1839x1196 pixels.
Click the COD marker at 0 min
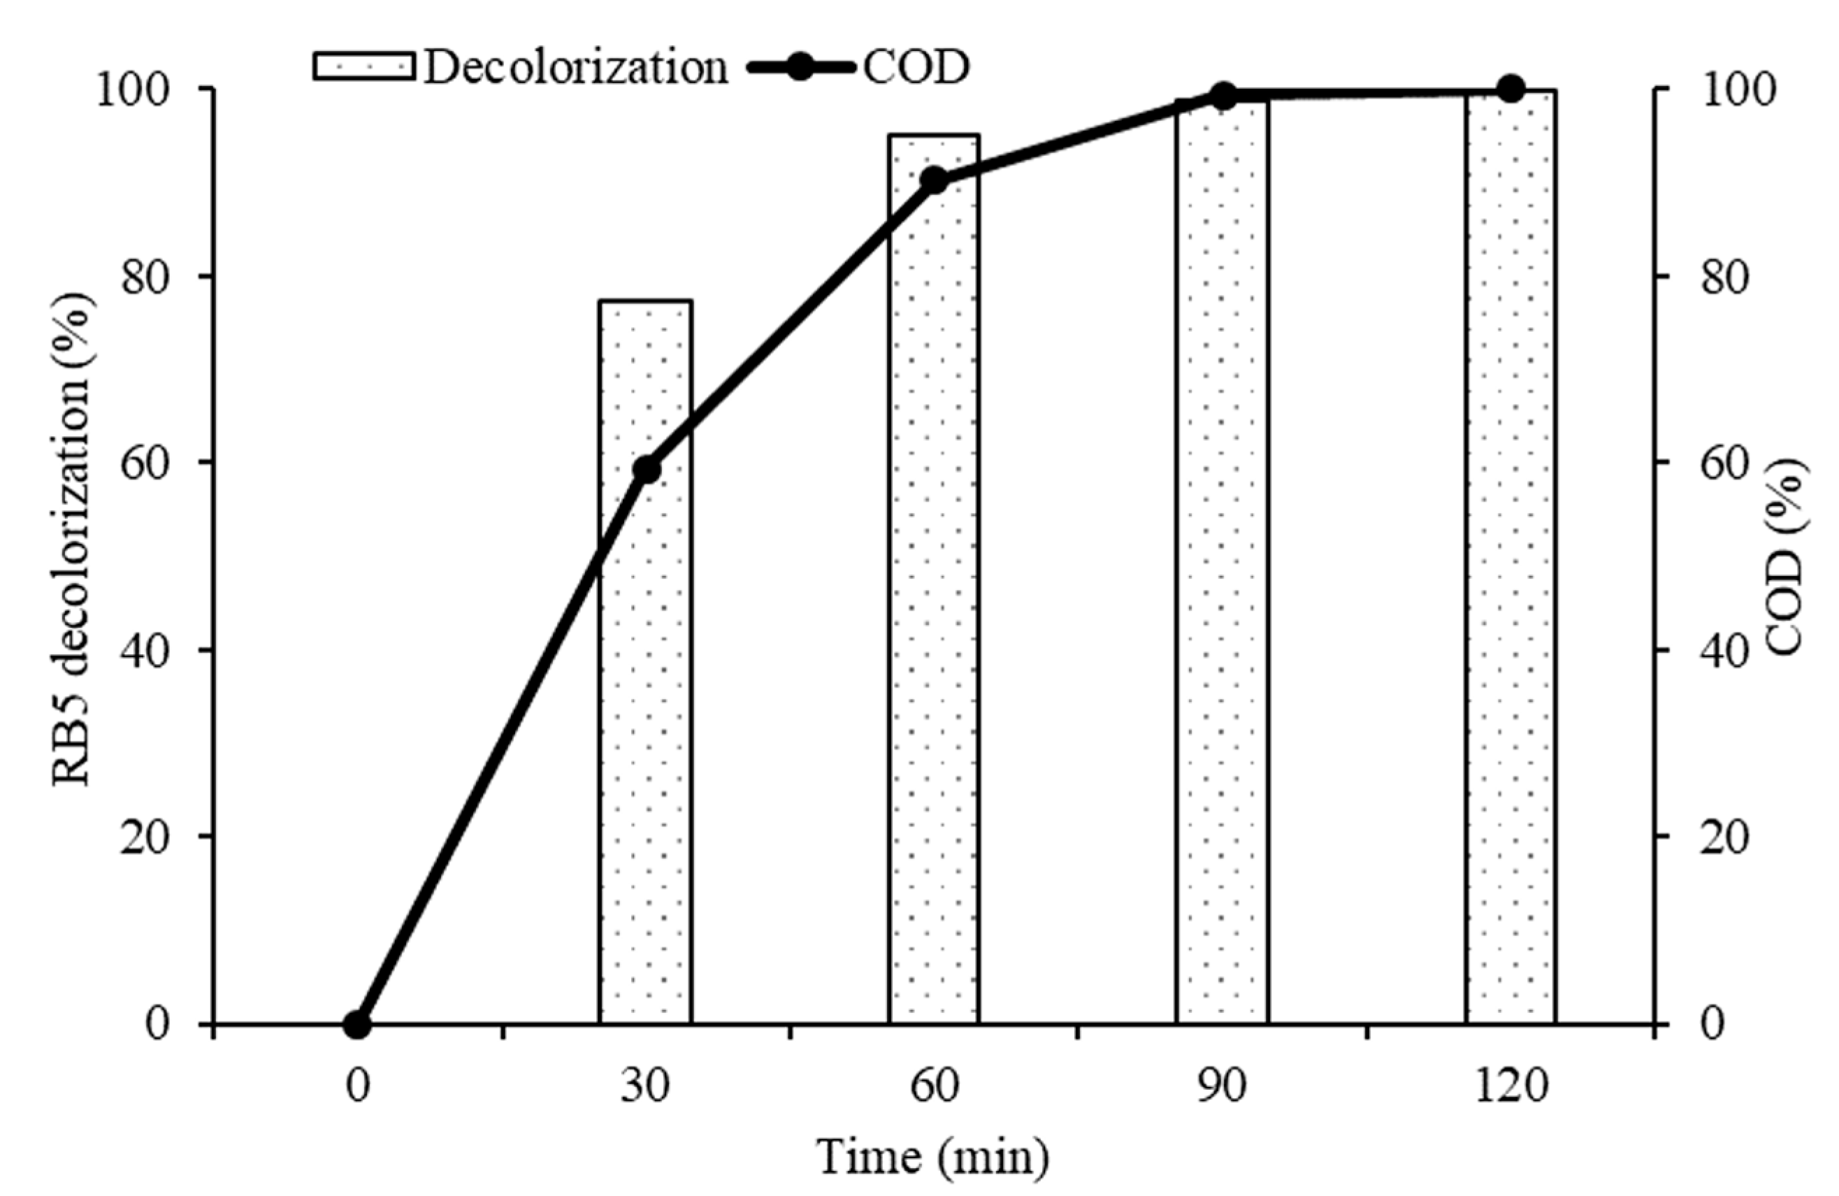pos(357,1025)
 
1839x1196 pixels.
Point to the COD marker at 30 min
pos(647,469)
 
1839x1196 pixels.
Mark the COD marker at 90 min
pos(1223,96)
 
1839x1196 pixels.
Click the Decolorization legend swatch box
pos(364,66)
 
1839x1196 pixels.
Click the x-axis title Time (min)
pos(932,1157)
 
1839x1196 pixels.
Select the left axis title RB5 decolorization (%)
pos(72,541)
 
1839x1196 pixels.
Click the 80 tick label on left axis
pos(145,277)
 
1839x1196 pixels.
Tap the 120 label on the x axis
pos(1510,1086)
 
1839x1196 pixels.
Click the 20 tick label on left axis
pos(145,838)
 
